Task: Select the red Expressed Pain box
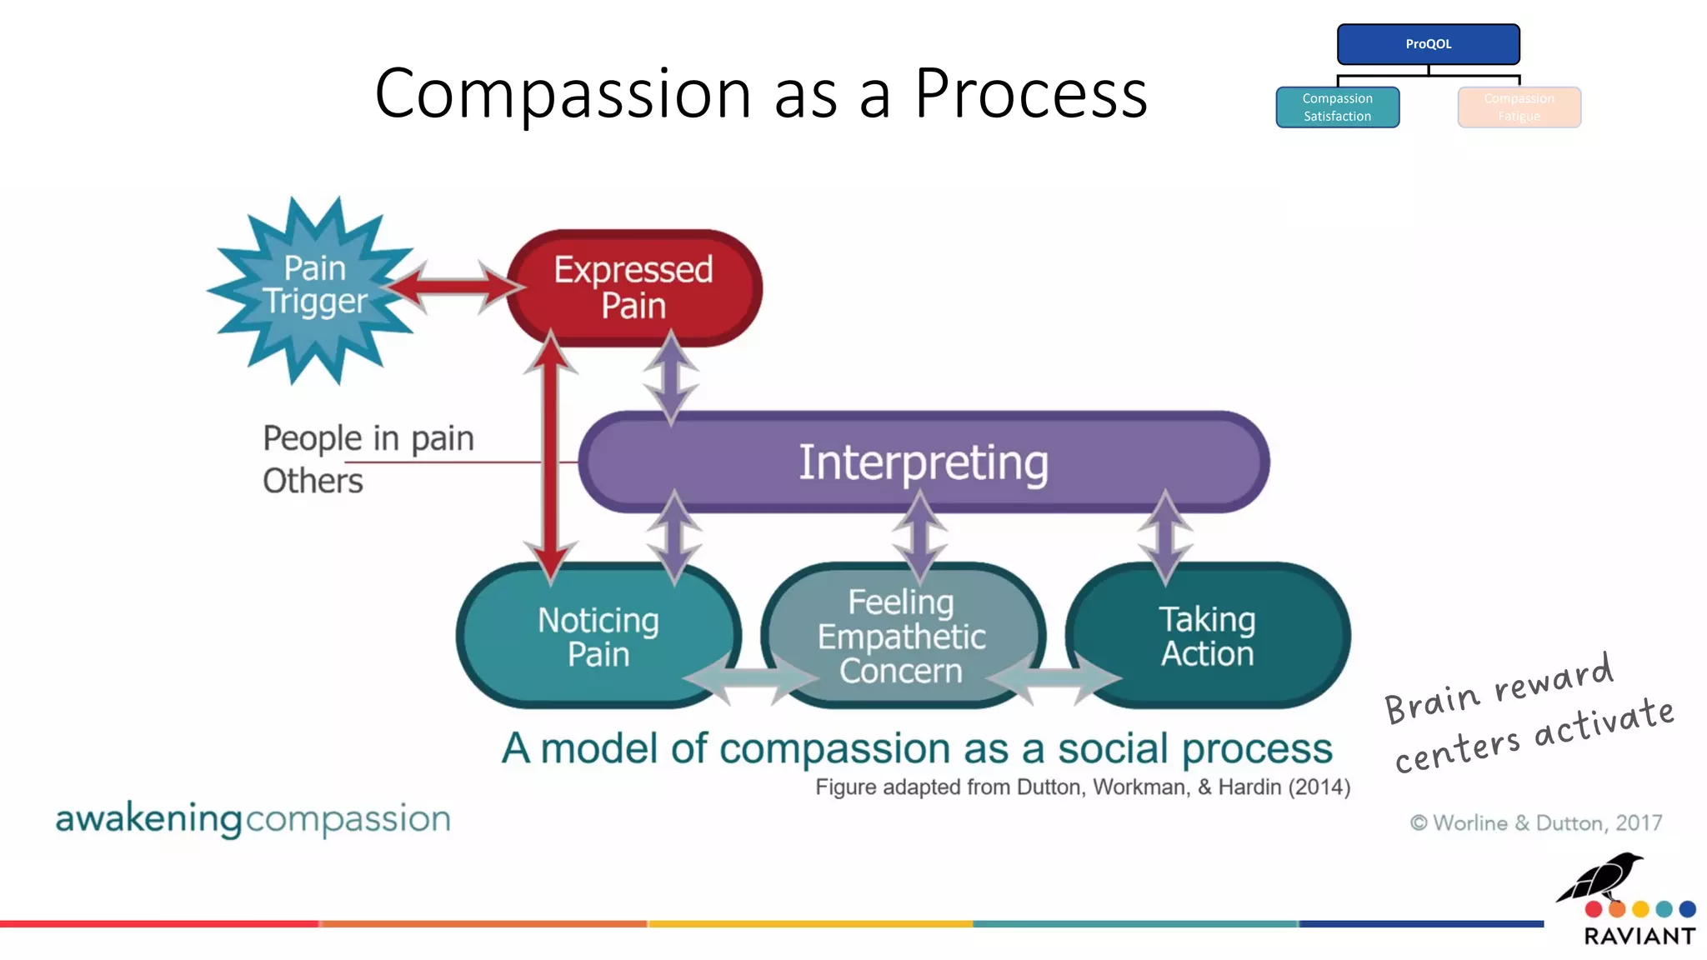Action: (633, 287)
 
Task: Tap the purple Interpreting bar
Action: (923, 462)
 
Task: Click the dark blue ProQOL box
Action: (1428, 44)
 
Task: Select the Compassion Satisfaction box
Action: (1337, 107)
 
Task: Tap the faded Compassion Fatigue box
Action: (1519, 107)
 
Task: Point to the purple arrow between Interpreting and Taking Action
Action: (1164, 537)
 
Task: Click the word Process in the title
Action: (1030, 93)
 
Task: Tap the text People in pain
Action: (368, 438)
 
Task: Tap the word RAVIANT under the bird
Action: (1639, 937)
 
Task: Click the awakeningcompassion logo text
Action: (253, 819)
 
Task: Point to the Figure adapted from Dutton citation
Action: (1082, 787)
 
